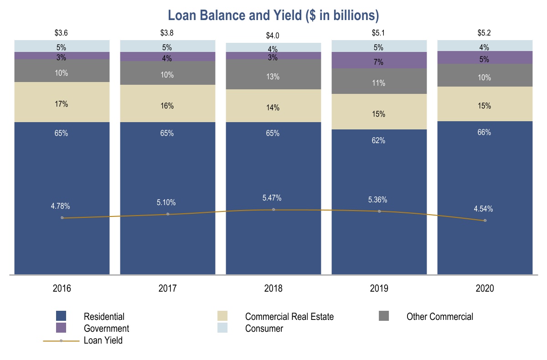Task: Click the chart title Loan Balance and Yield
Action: [273, 15]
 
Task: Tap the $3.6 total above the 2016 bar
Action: [62, 33]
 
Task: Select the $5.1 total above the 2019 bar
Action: [379, 33]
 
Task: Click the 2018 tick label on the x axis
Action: [273, 288]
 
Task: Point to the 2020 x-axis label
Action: [485, 288]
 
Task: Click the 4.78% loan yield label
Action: [60, 206]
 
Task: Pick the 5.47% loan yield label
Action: [272, 198]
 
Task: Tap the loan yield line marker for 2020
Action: [485, 221]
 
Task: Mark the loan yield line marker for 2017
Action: [168, 214]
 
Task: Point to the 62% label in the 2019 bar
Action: [378, 141]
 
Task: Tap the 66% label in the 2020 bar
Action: [484, 133]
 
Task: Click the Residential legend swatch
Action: [61, 316]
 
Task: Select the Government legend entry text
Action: [106, 329]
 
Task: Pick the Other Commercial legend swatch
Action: [384, 316]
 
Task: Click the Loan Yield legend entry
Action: [103, 340]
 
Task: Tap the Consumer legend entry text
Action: [264, 329]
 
